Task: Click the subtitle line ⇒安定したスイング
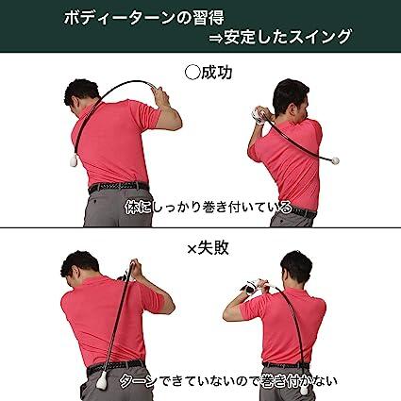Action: click(282, 38)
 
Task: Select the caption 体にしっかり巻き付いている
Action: click(202, 202)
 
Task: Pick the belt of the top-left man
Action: click(119, 187)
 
